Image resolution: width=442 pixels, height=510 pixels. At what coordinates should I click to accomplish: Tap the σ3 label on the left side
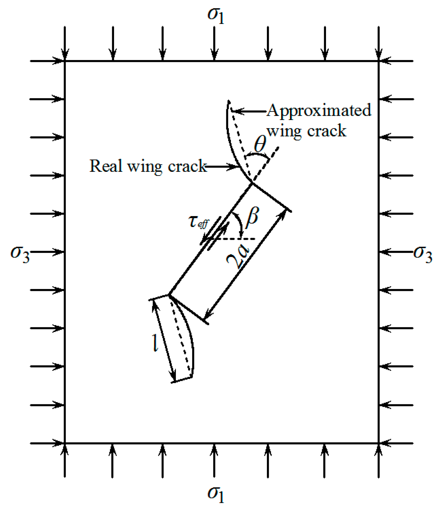20,255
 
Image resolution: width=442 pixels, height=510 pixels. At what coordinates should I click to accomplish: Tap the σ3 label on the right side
423,255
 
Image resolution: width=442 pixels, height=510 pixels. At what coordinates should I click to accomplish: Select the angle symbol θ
260,144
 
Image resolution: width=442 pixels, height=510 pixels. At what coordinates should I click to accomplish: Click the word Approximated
319,110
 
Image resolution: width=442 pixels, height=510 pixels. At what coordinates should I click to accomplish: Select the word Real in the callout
106,166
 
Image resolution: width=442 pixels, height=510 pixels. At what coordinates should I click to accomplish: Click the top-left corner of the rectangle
65,61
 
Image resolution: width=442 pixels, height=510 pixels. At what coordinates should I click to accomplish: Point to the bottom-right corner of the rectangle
379,443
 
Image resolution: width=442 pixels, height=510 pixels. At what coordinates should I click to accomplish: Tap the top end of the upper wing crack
228,101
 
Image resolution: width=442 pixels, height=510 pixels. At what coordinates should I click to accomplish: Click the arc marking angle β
240,224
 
